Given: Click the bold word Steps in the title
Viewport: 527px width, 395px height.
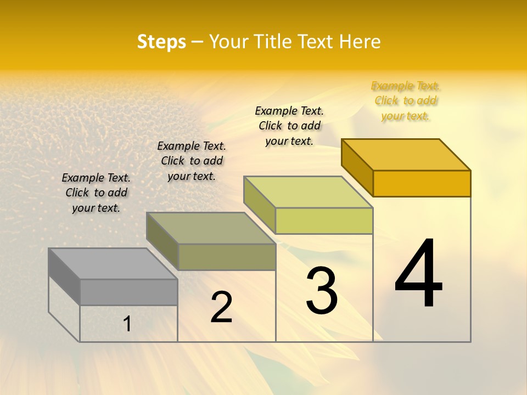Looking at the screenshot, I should pyautogui.click(x=161, y=42).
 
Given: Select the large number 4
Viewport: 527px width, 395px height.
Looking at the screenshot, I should pyautogui.click(x=418, y=274).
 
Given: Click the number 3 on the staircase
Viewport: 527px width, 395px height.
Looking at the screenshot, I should pyautogui.click(x=322, y=290).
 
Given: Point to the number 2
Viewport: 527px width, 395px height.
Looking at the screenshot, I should pyautogui.click(x=222, y=307).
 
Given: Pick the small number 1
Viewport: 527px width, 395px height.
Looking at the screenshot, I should pyautogui.click(x=127, y=324).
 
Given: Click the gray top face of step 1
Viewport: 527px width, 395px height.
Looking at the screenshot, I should pyautogui.click(x=113, y=263).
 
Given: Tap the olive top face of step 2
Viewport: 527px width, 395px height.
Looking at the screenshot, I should pyautogui.click(x=211, y=228).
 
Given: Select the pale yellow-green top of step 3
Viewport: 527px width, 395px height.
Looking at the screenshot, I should pyautogui.click(x=309, y=192).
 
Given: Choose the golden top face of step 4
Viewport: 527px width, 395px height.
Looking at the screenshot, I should pyautogui.click(x=406, y=155).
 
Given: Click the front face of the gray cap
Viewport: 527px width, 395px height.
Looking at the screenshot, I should pyautogui.click(x=128, y=292).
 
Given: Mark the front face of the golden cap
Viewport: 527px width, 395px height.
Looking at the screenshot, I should pyautogui.click(x=422, y=183).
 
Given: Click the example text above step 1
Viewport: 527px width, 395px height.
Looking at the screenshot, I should pyautogui.click(x=96, y=193).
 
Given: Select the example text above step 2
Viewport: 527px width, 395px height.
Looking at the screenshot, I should pyautogui.click(x=192, y=161).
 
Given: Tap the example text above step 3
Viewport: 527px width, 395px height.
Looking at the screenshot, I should pyautogui.click(x=289, y=126).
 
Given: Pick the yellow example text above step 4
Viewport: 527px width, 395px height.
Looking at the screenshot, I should pyautogui.click(x=406, y=100).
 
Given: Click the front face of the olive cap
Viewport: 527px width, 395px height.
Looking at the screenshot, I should pyautogui.click(x=226, y=257).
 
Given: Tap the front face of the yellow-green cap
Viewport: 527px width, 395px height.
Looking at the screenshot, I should pyautogui.click(x=324, y=221).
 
